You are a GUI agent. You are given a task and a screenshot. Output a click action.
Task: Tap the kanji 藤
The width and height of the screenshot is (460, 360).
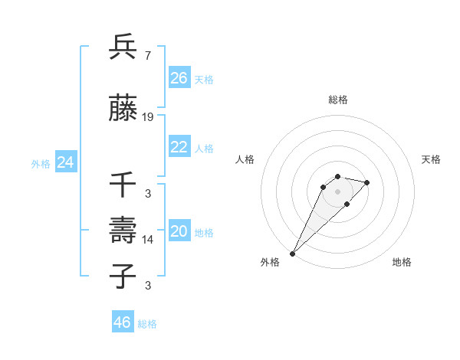(x=123, y=110)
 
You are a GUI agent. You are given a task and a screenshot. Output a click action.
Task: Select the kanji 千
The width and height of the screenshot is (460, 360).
(x=123, y=186)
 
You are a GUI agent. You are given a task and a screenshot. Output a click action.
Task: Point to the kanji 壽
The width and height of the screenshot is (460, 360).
(x=123, y=231)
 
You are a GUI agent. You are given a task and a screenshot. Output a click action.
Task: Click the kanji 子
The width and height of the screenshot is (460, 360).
(x=123, y=277)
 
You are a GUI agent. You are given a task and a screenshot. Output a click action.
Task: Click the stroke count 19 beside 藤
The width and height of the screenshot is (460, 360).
(x=148, y=117)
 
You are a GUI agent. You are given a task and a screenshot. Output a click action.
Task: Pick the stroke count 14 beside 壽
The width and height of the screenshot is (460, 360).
(x=148, y=240)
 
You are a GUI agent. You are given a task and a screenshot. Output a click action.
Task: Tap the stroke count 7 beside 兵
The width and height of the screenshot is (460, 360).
(x=147, y=56)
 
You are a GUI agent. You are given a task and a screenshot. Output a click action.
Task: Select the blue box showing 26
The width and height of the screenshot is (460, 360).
(x=179, y=77)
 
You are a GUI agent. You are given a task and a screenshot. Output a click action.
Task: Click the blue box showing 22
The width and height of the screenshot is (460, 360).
(x=179, y=147)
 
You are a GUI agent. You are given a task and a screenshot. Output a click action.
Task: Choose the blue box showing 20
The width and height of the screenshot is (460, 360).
(x=179, y=231)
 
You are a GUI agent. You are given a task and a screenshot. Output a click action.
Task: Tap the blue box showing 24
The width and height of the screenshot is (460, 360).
(x=66, y=162)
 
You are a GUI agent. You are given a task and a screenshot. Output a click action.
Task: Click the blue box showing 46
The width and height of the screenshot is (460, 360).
(x=123, y=322)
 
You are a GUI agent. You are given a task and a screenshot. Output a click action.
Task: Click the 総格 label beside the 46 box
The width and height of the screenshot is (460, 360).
(x=148, y=324)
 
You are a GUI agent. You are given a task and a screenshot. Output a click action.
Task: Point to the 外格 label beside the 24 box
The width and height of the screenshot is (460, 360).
(x=41, y=163)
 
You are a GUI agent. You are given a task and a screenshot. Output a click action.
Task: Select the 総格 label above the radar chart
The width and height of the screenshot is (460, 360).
(x=337, y=100)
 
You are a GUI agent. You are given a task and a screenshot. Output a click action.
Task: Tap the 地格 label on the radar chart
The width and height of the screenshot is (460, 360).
(x=402, y=262)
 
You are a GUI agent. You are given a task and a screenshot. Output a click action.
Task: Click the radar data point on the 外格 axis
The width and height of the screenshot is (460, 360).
(x=293, y=253)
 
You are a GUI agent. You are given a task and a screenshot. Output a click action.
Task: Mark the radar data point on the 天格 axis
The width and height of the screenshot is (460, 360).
(x=367, y=182)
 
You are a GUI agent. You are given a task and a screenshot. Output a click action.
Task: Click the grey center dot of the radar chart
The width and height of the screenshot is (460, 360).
(x=337, y=191)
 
